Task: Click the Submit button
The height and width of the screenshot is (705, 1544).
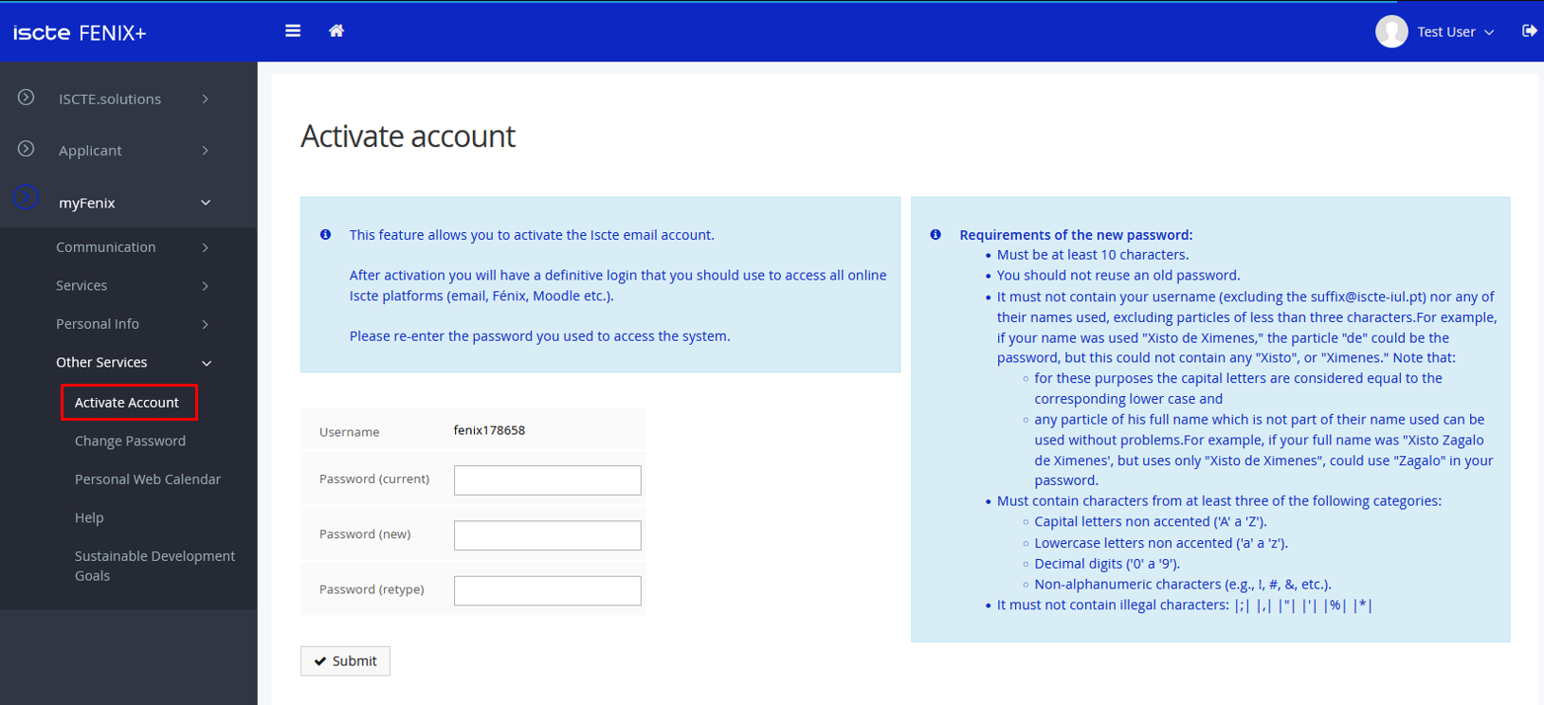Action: (345, 660)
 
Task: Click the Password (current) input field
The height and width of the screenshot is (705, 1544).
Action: (547, 480)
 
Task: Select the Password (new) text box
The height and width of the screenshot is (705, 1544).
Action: (547, 535)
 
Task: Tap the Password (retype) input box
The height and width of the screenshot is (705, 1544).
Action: (547, 590)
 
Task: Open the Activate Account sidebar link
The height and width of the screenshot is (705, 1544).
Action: (127, 403)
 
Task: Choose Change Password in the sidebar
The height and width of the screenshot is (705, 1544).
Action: (130, 441)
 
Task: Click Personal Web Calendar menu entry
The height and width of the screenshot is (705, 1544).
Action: (147, 479)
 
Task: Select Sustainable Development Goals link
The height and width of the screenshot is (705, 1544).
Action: (154, 566)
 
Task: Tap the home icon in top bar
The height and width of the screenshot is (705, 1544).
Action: (336, 31)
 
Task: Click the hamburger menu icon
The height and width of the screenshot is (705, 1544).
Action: (293, 31)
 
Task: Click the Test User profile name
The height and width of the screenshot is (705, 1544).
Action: (1446, 32)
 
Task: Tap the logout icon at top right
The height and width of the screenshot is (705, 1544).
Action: (1529, 31)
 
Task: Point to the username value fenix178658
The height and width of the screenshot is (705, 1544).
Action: (489, 430)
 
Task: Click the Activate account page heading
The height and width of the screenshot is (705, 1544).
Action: (409, 136)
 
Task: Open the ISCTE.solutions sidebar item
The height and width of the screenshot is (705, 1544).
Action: (110, 99)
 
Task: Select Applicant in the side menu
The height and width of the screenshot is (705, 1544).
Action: (90, 151)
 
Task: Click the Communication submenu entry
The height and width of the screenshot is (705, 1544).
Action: (105, 247)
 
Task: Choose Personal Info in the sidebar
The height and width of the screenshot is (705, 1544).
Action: (98, 324)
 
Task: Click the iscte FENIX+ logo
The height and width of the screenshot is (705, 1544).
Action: (80, 33)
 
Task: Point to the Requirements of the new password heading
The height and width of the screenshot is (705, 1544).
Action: (1076, 235)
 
